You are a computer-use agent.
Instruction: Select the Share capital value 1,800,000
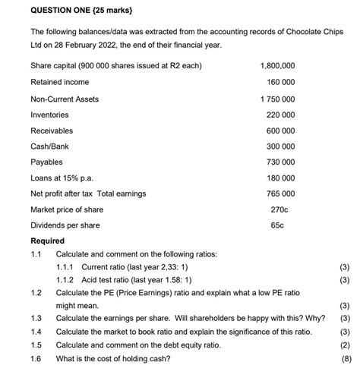click(277, 66)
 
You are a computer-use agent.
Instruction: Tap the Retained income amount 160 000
click(280, 82)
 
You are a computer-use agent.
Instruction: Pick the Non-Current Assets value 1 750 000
click(277, 99)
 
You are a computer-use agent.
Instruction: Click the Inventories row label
click(49, 115)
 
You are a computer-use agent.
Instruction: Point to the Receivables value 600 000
click(280, 131)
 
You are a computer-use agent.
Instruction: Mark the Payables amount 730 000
click(280, 162)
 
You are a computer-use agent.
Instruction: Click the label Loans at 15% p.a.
click(62, 178)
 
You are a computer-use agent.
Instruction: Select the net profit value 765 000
click(280, 194)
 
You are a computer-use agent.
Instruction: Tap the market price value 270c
click(280, 209)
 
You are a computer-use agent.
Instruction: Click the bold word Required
click(47, 241)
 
